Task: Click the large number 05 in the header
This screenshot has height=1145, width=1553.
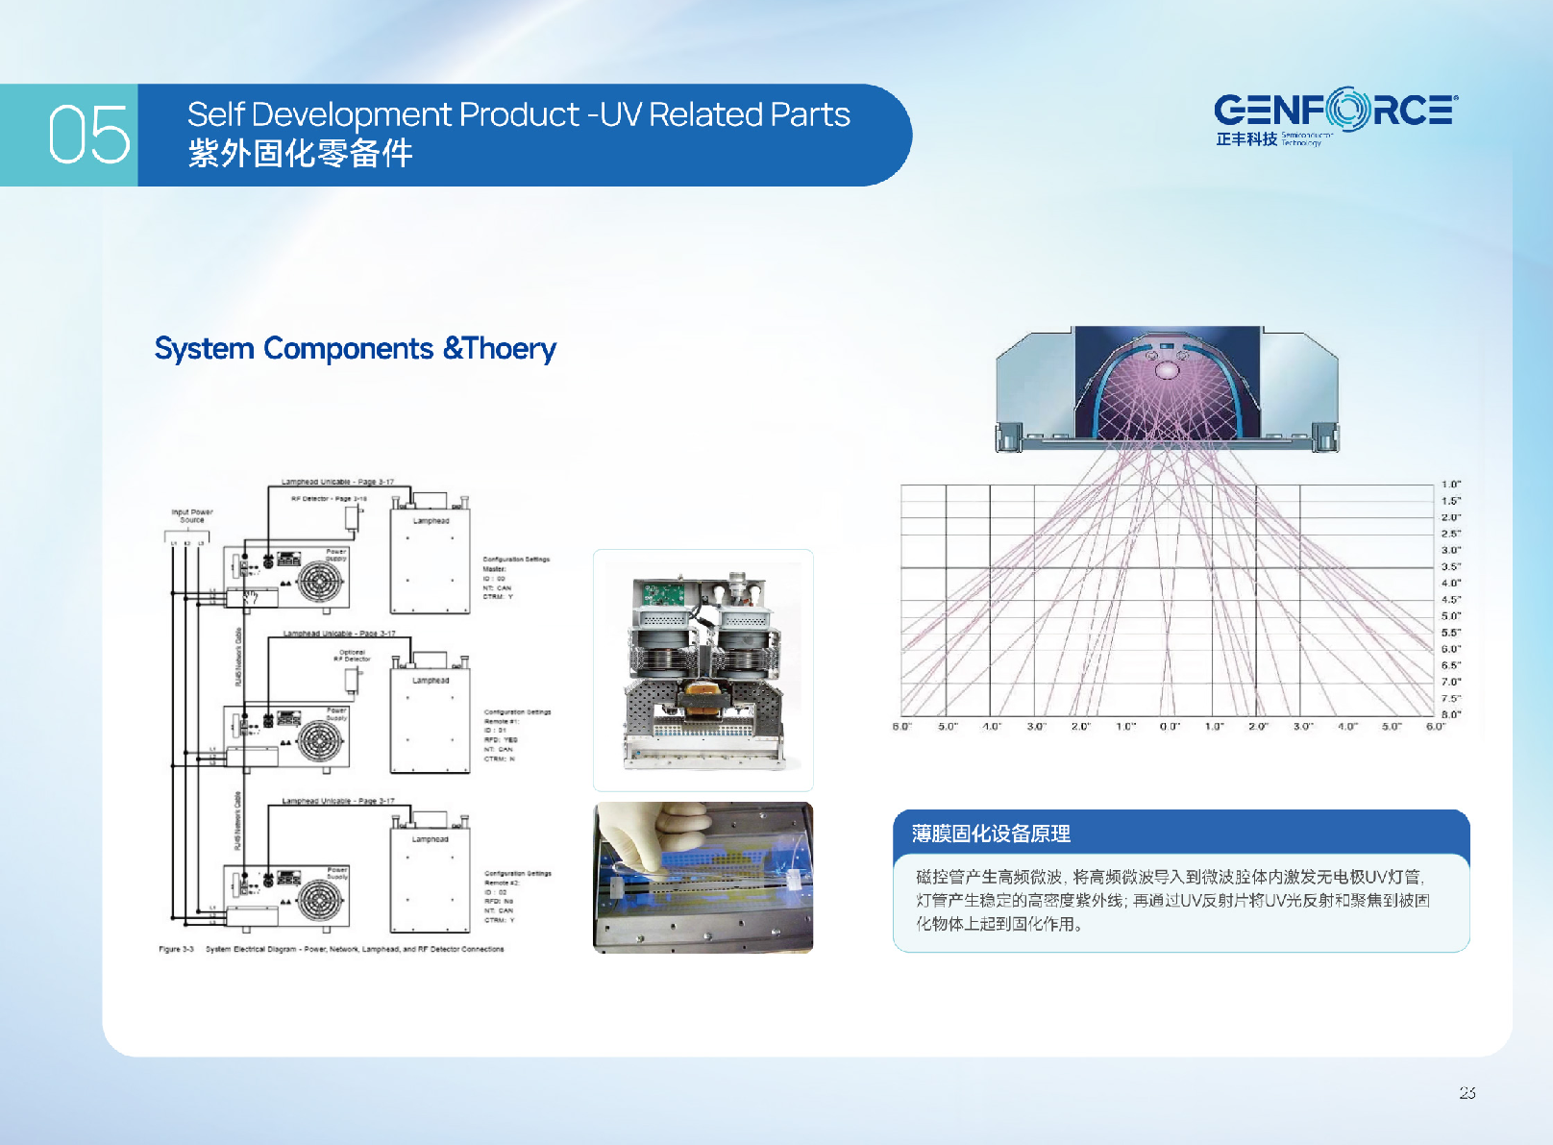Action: click(x=88, y=135)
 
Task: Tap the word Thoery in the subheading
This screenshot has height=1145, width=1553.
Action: click(x=510, y=348)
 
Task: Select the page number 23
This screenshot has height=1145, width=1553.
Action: click(x=1467, y=1092)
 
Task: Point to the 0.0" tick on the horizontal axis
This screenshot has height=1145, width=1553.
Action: click(x=1169, y=727)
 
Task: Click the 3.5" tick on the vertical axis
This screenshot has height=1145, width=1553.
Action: click(x=1450, y=567)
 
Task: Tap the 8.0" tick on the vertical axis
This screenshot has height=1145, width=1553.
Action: click(x=1450, y=714)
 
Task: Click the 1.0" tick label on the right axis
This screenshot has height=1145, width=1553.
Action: click(x=1450, y=485)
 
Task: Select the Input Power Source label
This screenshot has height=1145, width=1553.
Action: click(x=192, y=516)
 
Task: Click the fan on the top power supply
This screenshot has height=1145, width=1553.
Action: click(x=320, y=581)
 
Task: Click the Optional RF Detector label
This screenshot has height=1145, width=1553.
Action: click(x=352, y=656)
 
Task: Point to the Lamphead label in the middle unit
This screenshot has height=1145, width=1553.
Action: click(x=431, y=681)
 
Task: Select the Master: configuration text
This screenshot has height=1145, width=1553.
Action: click(x=494, y=569)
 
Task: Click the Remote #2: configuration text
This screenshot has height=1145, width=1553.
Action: click(x=502, y=883)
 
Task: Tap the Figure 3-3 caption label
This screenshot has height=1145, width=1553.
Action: click(x=176, y=949)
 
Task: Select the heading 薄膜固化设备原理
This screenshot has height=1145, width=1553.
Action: click(x=991, y=834)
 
